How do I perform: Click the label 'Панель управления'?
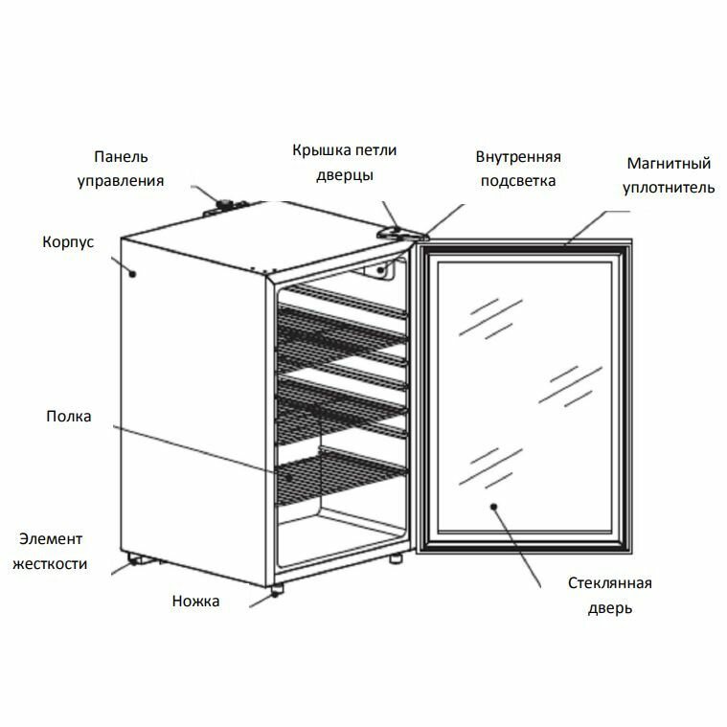[x=120, y=168]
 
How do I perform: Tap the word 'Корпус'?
[x=68, y=242]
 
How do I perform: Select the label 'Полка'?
[x=68, y=417]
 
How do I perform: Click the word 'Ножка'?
[x=196, y=602]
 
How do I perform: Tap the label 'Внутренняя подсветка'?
[x=518, y=169]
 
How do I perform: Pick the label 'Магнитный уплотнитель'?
[x=669, y=174]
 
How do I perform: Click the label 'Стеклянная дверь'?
[x=610, y=595]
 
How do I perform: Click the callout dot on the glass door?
[x=494, y=507]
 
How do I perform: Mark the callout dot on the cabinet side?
[x=133, y=273]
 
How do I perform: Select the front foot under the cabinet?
[x=276, y=589]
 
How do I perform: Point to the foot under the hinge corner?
[x=395, y=558]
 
